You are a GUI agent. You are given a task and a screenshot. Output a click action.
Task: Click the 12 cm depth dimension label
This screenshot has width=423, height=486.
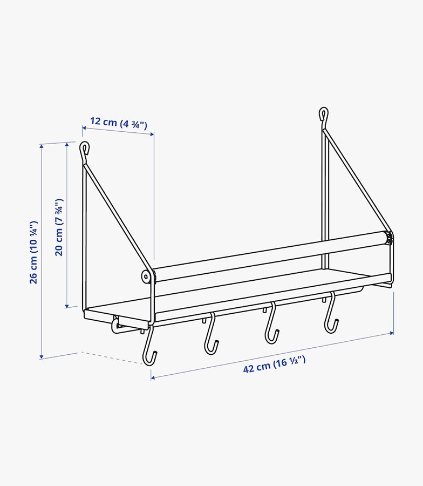coord(118,123)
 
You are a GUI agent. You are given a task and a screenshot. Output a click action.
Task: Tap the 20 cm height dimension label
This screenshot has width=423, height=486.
coord(59,227)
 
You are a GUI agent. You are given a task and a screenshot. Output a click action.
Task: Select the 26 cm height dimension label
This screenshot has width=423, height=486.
coord(33,252)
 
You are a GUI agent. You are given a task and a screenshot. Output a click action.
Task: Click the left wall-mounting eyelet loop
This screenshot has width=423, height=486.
coord(84,147)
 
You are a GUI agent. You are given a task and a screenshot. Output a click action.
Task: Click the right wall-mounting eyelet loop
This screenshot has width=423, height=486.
coord(323,114)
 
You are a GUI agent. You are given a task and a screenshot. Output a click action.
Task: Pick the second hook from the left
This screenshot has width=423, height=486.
coord(211,335)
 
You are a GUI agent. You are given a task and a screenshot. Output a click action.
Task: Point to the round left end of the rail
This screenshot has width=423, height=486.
coord(147,277)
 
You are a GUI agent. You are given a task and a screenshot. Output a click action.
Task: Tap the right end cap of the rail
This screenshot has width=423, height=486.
coord(389,238)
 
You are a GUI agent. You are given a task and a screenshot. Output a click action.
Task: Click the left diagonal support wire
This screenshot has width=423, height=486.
coord(115,216)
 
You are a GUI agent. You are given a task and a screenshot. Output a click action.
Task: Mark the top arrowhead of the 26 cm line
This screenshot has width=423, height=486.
coord(42,146)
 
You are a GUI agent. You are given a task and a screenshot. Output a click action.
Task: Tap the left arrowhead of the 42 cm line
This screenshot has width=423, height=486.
coord(153,377)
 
